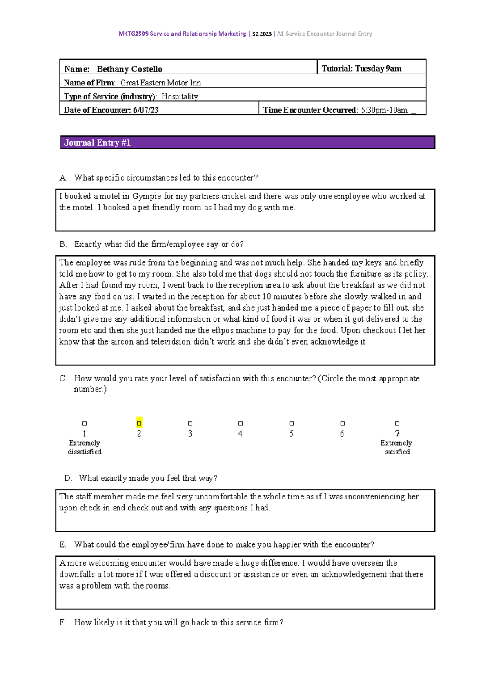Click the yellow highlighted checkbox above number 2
pos(139,423)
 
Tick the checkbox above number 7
pos(397,424)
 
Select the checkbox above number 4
pos(241,424)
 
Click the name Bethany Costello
pos(129,69)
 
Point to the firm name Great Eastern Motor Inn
pos(160,83)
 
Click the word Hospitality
pos(180,96)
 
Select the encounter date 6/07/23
pos(146,110)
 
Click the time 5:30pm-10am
pos(384,110)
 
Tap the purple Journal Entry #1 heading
pos(97,143)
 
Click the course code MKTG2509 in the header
pos(134,34)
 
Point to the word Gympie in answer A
pos(147,196)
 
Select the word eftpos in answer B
pos(223,330)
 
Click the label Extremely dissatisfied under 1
pos(85,448)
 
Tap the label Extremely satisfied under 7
pos(396,448)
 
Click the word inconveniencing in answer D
pos(375,497)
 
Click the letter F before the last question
pos(62,622)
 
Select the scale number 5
pos(292,434)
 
